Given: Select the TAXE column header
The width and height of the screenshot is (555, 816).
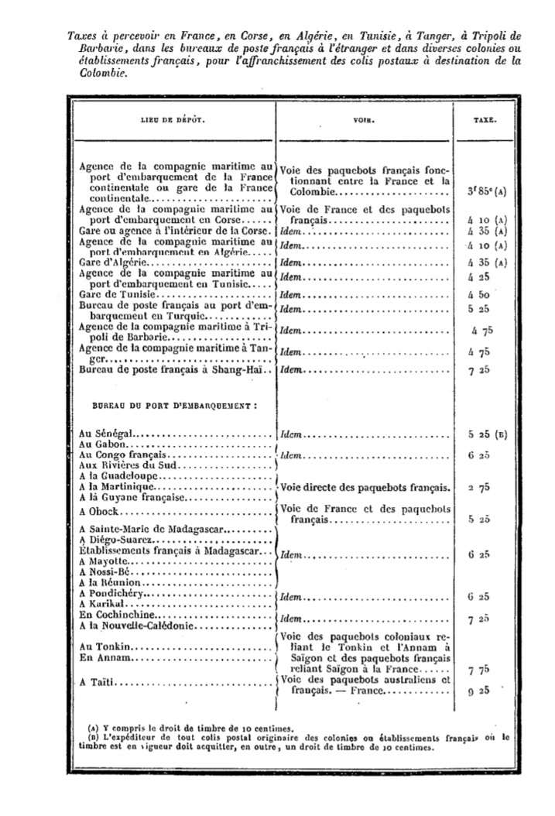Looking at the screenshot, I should point(485,121).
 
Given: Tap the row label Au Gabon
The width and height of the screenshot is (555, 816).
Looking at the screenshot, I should point(104,446).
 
